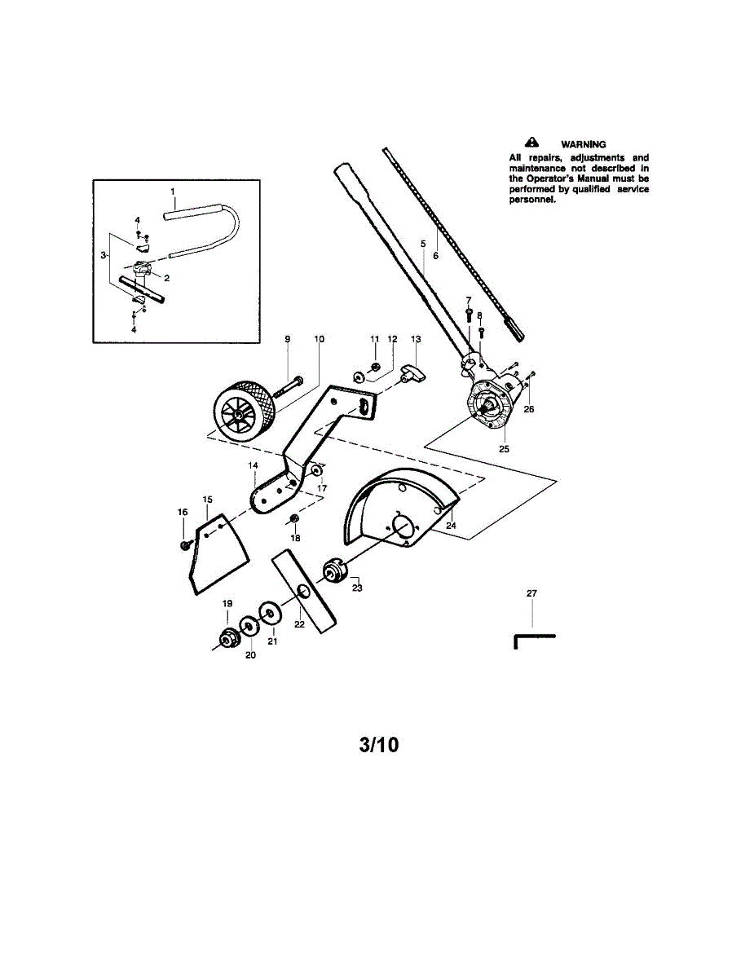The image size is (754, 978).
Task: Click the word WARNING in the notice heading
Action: coord(583,144)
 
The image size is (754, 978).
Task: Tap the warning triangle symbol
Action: coord(531,143)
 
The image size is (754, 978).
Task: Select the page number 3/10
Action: coord(378,745)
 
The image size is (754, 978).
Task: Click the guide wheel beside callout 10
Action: coord(243,412)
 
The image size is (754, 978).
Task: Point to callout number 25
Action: coord(505,449)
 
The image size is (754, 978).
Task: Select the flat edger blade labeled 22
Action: coord(304,592)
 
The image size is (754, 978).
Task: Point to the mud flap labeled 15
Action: coord(219,553)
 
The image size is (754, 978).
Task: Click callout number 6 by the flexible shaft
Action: coord(435,256)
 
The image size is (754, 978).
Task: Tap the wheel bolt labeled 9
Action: coord(288,387)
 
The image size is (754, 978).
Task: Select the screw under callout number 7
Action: coord(468,314)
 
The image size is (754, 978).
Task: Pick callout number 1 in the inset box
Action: coord(173,192)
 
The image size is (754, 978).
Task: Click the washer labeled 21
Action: coord(270,614)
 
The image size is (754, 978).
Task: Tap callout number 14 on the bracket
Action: coord(253,465)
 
